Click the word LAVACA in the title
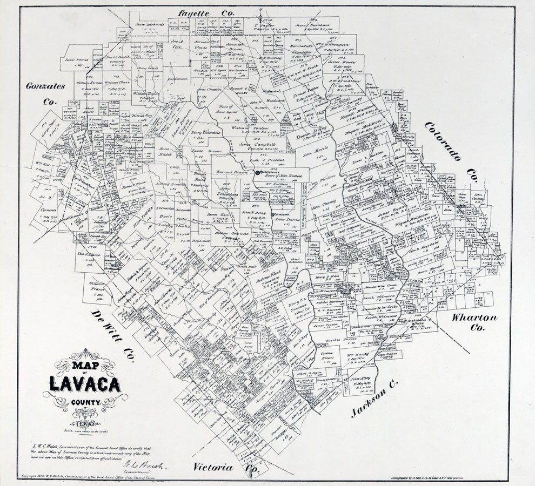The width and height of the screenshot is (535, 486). point(85,382)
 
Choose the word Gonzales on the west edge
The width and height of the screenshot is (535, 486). point(46,86)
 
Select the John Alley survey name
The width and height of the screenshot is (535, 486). point(363,380)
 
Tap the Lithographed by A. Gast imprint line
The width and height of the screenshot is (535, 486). point(426,478)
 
